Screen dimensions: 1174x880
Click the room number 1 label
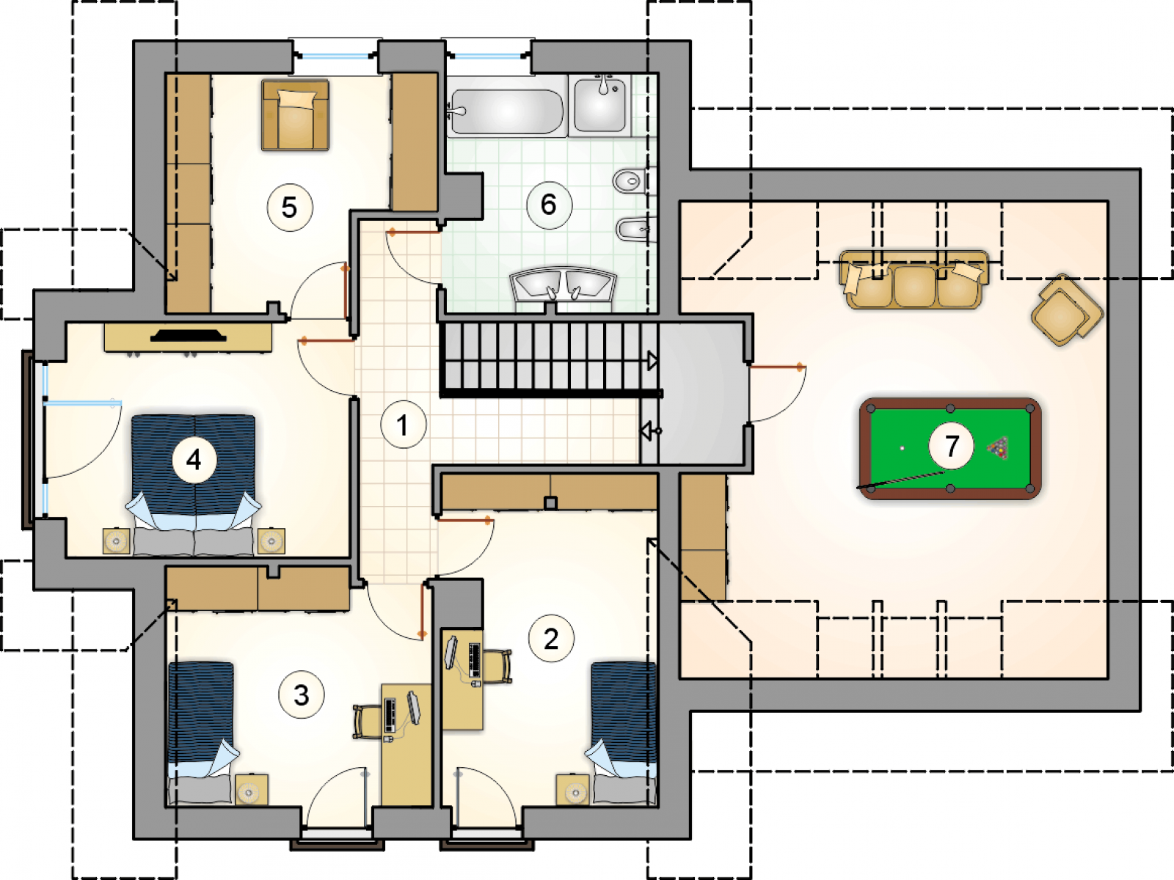[x=404, y=425]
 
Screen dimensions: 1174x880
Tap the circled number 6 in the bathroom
[x=550, y=205]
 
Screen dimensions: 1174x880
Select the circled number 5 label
[x=290, y=208]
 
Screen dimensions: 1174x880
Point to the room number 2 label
[x=552, y=639]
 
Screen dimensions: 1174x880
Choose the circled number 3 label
[x=302, y=694]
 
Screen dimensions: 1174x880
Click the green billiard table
[x=950, y=449]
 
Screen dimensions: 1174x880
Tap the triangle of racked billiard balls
[x=998, y=448]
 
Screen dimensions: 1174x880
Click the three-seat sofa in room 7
[x=914, y=279]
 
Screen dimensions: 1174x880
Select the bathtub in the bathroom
[x=507, y=111]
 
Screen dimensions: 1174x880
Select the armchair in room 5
[x=295, y=115]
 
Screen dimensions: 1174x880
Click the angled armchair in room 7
[x=1067, y=310]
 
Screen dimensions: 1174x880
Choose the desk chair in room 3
[x=366, y=722]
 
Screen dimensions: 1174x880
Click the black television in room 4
[x=189, y=336]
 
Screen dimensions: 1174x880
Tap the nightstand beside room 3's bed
[x=252, y=789]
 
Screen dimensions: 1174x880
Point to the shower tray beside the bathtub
[x=599, y=105]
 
